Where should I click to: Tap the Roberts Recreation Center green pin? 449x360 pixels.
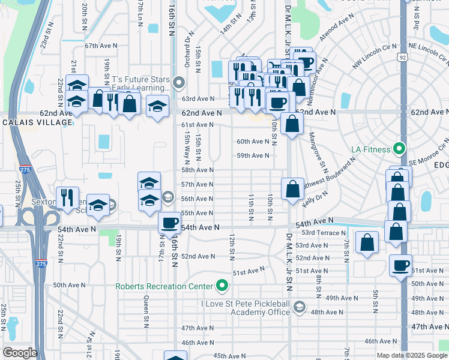click(x=223, y=286)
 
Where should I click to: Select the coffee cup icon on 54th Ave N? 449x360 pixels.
click(x=170, y=223)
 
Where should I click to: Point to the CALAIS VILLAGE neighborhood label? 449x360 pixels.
click(x=37, y=122)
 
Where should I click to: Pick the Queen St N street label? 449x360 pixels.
click(x=145, y=295)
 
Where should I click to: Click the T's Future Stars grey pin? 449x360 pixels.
click(x=179, y=82)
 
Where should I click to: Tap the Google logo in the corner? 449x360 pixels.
click(x=20, y=353)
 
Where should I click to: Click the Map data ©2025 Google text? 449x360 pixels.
click(x=411, y=355)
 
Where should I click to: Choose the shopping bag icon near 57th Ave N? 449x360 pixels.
click(x=292, y=189)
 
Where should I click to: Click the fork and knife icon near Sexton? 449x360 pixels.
click(x=67, y=196)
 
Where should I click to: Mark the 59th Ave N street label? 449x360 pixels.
click(x=253, y=155)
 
